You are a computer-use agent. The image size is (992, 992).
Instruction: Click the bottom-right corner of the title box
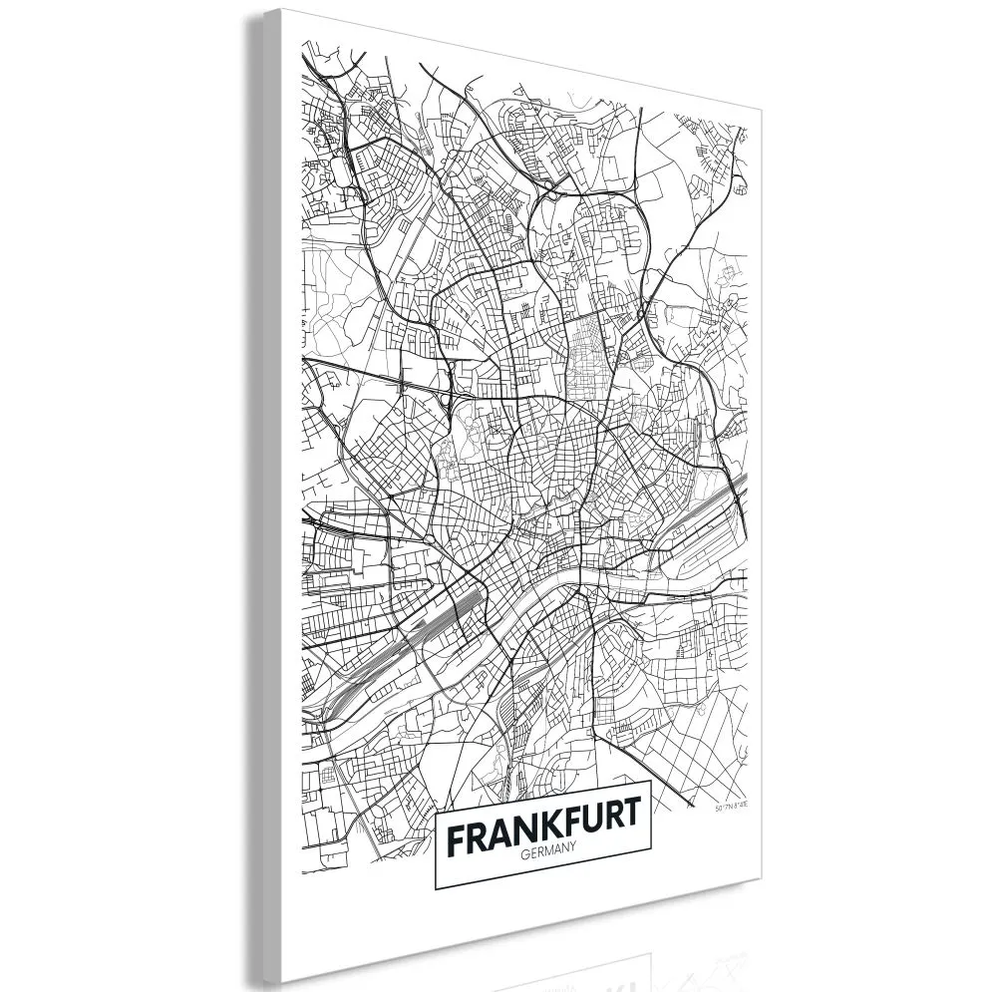651,881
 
